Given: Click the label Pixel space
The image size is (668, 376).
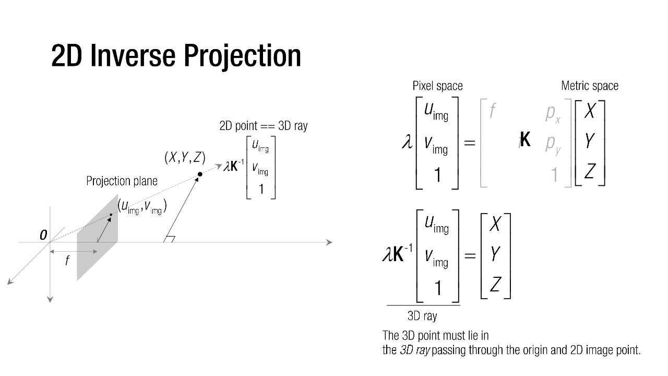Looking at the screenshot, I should pyautogui.click(x=437, y=86).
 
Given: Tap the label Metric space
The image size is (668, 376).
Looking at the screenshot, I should pyautogui.click(x=589, y=86).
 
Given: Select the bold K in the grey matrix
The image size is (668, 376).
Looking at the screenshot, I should pyautogui.click(x=525, y=140).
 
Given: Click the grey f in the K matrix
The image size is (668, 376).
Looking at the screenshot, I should pyautogui.click(x=492, y=111).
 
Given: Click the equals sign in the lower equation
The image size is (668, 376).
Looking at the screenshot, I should pyautogui.click(x=470, y=256).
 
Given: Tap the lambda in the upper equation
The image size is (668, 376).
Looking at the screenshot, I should pyautogui.click(x=407, y=142).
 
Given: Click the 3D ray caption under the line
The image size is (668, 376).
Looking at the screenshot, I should pyautogui.click(x=422, y=316).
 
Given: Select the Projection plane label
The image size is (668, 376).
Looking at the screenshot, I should pyautogui.click(x=122, y=181).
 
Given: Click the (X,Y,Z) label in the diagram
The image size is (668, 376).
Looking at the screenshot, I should pyautogui.click(x=185, y=157).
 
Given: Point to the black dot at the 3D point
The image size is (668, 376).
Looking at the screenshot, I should pyautogui.click(x=200, y=174).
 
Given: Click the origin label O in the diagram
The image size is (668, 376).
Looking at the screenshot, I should pyautogui.click(x=43, y=236).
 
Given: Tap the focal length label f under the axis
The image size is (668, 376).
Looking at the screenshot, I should pyautogui.click(x=67, y=261).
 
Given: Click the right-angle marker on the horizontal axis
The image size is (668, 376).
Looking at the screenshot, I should pyautogui.click(x=169, y=239).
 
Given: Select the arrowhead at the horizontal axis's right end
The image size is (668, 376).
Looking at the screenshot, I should pyautogui.click(x=329, y=242).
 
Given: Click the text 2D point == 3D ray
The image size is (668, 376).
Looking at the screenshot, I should pyautogui.click(x=264, y=126).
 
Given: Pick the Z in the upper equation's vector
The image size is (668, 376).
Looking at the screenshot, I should pyautogui.click(x=590, y=170).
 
